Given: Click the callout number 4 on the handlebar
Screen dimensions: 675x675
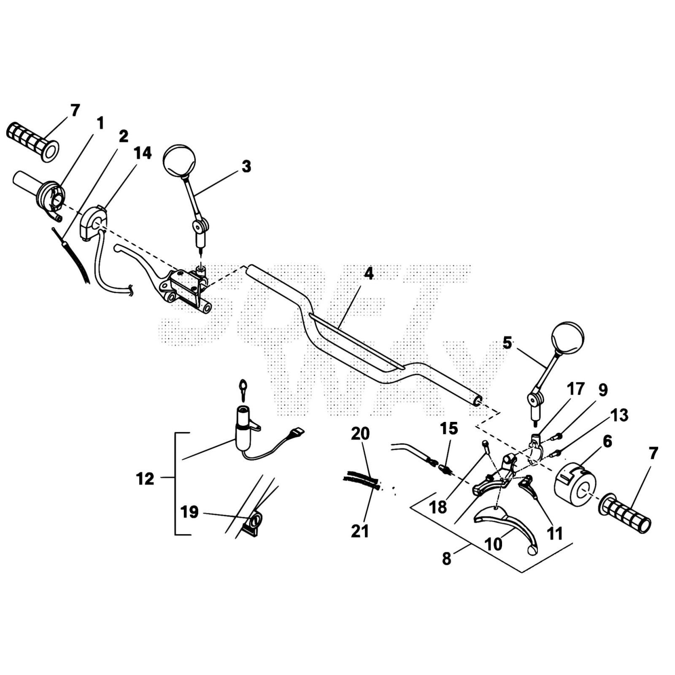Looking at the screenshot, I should point(369,274).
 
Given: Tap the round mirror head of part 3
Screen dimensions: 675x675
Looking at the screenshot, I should point(179,160).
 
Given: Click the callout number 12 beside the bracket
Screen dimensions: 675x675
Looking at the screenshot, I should point(145,479).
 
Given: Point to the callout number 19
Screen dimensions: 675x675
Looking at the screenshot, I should point(189,512).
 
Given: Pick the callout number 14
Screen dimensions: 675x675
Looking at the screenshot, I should point(143,154).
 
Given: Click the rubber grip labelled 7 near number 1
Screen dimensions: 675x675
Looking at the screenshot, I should point(32,141).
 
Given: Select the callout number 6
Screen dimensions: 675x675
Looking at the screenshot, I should point(607,442).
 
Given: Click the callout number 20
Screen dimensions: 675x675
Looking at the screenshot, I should point(360,434).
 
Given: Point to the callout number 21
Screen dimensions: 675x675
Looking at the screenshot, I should point(360,531).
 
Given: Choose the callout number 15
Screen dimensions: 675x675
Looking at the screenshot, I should point(448,429).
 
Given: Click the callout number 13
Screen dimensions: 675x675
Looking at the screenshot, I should point(619,415).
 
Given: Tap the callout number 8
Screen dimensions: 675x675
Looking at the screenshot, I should point(446,559).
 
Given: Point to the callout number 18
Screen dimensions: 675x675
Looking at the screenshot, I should point(437,507).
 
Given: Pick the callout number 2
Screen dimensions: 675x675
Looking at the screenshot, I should point(123,136).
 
